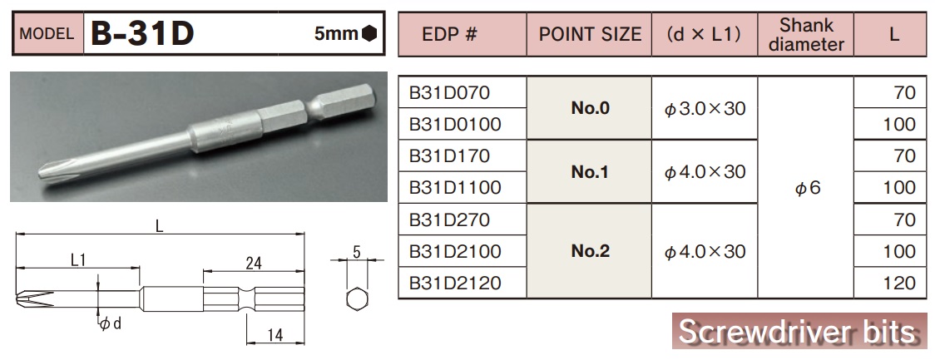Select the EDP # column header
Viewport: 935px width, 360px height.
point(461,35)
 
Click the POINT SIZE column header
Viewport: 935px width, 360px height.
point(590,35)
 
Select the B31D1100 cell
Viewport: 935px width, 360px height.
point(455,188)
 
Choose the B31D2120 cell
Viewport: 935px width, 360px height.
point(455,284)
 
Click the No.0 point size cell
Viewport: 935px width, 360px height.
point(591,108)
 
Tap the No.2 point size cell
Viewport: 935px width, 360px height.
point(591,251)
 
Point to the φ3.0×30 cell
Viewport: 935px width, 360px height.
point(705,108)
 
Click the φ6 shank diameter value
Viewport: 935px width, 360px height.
point(806,188)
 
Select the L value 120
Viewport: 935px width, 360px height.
point(898,284)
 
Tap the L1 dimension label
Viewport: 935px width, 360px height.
point(79,260)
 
